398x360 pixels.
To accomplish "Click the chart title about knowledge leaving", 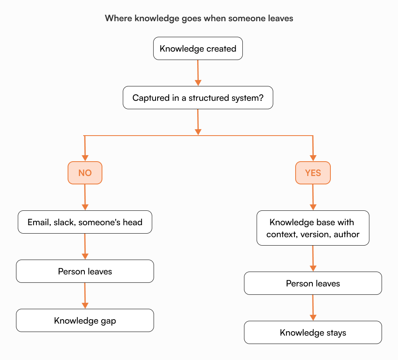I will pyautogui.click(x=199, y=18).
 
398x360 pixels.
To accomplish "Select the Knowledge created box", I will pyautogui.click(x=198, y=49).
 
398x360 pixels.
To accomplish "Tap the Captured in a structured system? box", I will pyautogui.click(x=198, y=98).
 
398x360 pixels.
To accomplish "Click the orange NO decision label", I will pyautogui.click(x=85, y=173).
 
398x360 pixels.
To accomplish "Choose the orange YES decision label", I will pyautogui.click(x=313, y=173).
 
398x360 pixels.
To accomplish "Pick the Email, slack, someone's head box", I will pyautogui.click(x=85, y=222).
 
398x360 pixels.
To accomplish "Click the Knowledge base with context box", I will pyautogui.click(x=313, y=228).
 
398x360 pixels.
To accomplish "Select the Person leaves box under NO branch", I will pyautogui.click(x=85, y=271).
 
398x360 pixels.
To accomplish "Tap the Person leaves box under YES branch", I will pyautogui.click(x=313, y=283).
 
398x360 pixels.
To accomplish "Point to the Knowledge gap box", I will pyautogui.click(x=85, y=320).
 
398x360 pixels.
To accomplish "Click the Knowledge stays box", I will pyautogui.click(x=313, y=332).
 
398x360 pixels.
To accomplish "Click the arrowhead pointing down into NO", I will pyautogui.click(x=85, y=158).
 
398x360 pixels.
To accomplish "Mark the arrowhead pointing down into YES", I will pyautogui.click(x=313, y=158).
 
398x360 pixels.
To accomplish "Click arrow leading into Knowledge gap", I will pyautogui.click(x=85, y=296).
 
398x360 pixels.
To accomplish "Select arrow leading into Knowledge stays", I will pyautogui.click(x=313, y=308).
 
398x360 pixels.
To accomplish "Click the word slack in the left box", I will pyautogui.click(x=63, y=222).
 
